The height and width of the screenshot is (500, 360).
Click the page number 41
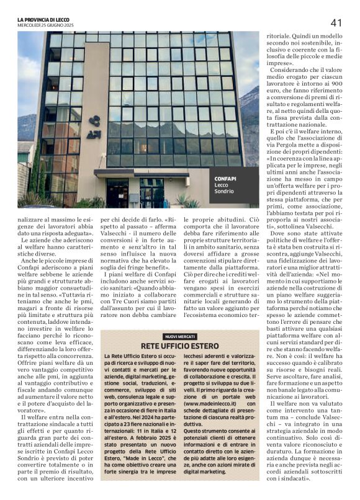tap(336, 22)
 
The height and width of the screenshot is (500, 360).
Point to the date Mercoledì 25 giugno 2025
tap(47, 25)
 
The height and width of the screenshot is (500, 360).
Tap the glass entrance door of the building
tap(151, 194)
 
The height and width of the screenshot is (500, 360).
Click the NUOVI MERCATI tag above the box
tap(179, 336)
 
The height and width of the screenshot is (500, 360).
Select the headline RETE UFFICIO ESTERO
tap(179, 346)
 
